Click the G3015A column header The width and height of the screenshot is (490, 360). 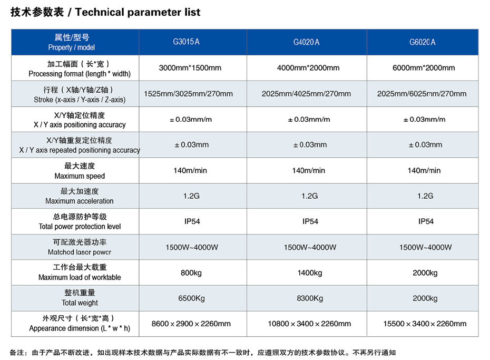click(186, 42)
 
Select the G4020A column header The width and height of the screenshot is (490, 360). click(306, 42)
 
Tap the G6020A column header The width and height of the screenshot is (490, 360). click(422, 42)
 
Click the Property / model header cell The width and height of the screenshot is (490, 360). click(72, 42)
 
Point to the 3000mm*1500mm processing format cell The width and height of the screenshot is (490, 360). click(190, 68)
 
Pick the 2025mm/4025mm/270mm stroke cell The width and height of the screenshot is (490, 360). click(306, 94)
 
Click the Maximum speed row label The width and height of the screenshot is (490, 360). click(80, 171)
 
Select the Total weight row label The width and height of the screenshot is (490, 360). click(80, 298)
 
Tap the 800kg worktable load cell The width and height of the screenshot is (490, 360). click(191, 273)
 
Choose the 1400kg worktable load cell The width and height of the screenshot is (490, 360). click(310, 273)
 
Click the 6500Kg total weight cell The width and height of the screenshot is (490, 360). click(192, 298)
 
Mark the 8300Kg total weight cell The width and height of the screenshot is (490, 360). click(310, 298)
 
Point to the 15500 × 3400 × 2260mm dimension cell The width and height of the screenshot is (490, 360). click(425, 324)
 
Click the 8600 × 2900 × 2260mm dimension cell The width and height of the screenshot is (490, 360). click(191, 324)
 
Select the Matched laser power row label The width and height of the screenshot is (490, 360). click(80, 247)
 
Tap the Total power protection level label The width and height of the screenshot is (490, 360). click(80, 221)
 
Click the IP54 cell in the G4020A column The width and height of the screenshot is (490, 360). click(310, 221)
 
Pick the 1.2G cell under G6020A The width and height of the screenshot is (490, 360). click(425, 196)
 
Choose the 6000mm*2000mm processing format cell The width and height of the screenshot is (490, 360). click(424, 68)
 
